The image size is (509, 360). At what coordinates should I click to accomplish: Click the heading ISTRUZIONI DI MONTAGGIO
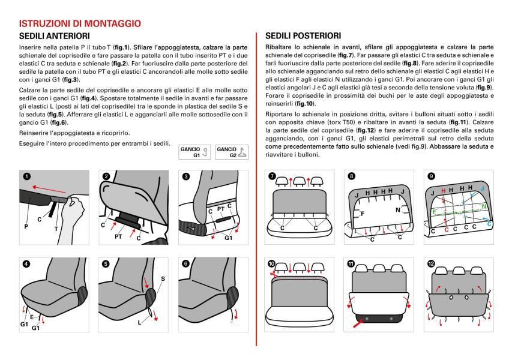tap(80, 23)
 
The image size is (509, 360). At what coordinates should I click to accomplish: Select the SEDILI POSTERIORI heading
tap(303, 36)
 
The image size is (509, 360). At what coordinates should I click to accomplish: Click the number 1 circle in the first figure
tap(26, 176)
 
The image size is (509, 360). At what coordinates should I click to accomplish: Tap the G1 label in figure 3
tap(229, 237)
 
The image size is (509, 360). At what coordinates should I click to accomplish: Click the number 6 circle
tap(185, 263)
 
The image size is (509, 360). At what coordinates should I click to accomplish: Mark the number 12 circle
tap(432, 263)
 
